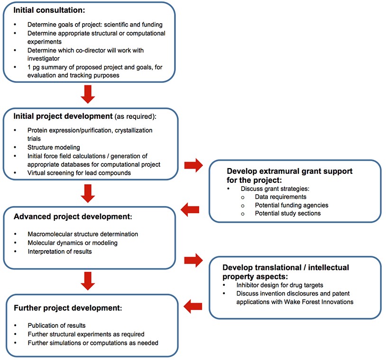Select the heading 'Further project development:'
[68, 308]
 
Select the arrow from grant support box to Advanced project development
[190, 209]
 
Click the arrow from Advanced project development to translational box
[193, 259]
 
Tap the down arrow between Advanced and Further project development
[89, 280]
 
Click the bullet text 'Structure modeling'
[54, 147]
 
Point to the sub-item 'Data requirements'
[280, 197]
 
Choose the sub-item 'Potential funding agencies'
[291, 205]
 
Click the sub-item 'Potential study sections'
[287, 213]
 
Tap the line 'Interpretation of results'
[60, 252]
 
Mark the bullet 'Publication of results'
[57, 325]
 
